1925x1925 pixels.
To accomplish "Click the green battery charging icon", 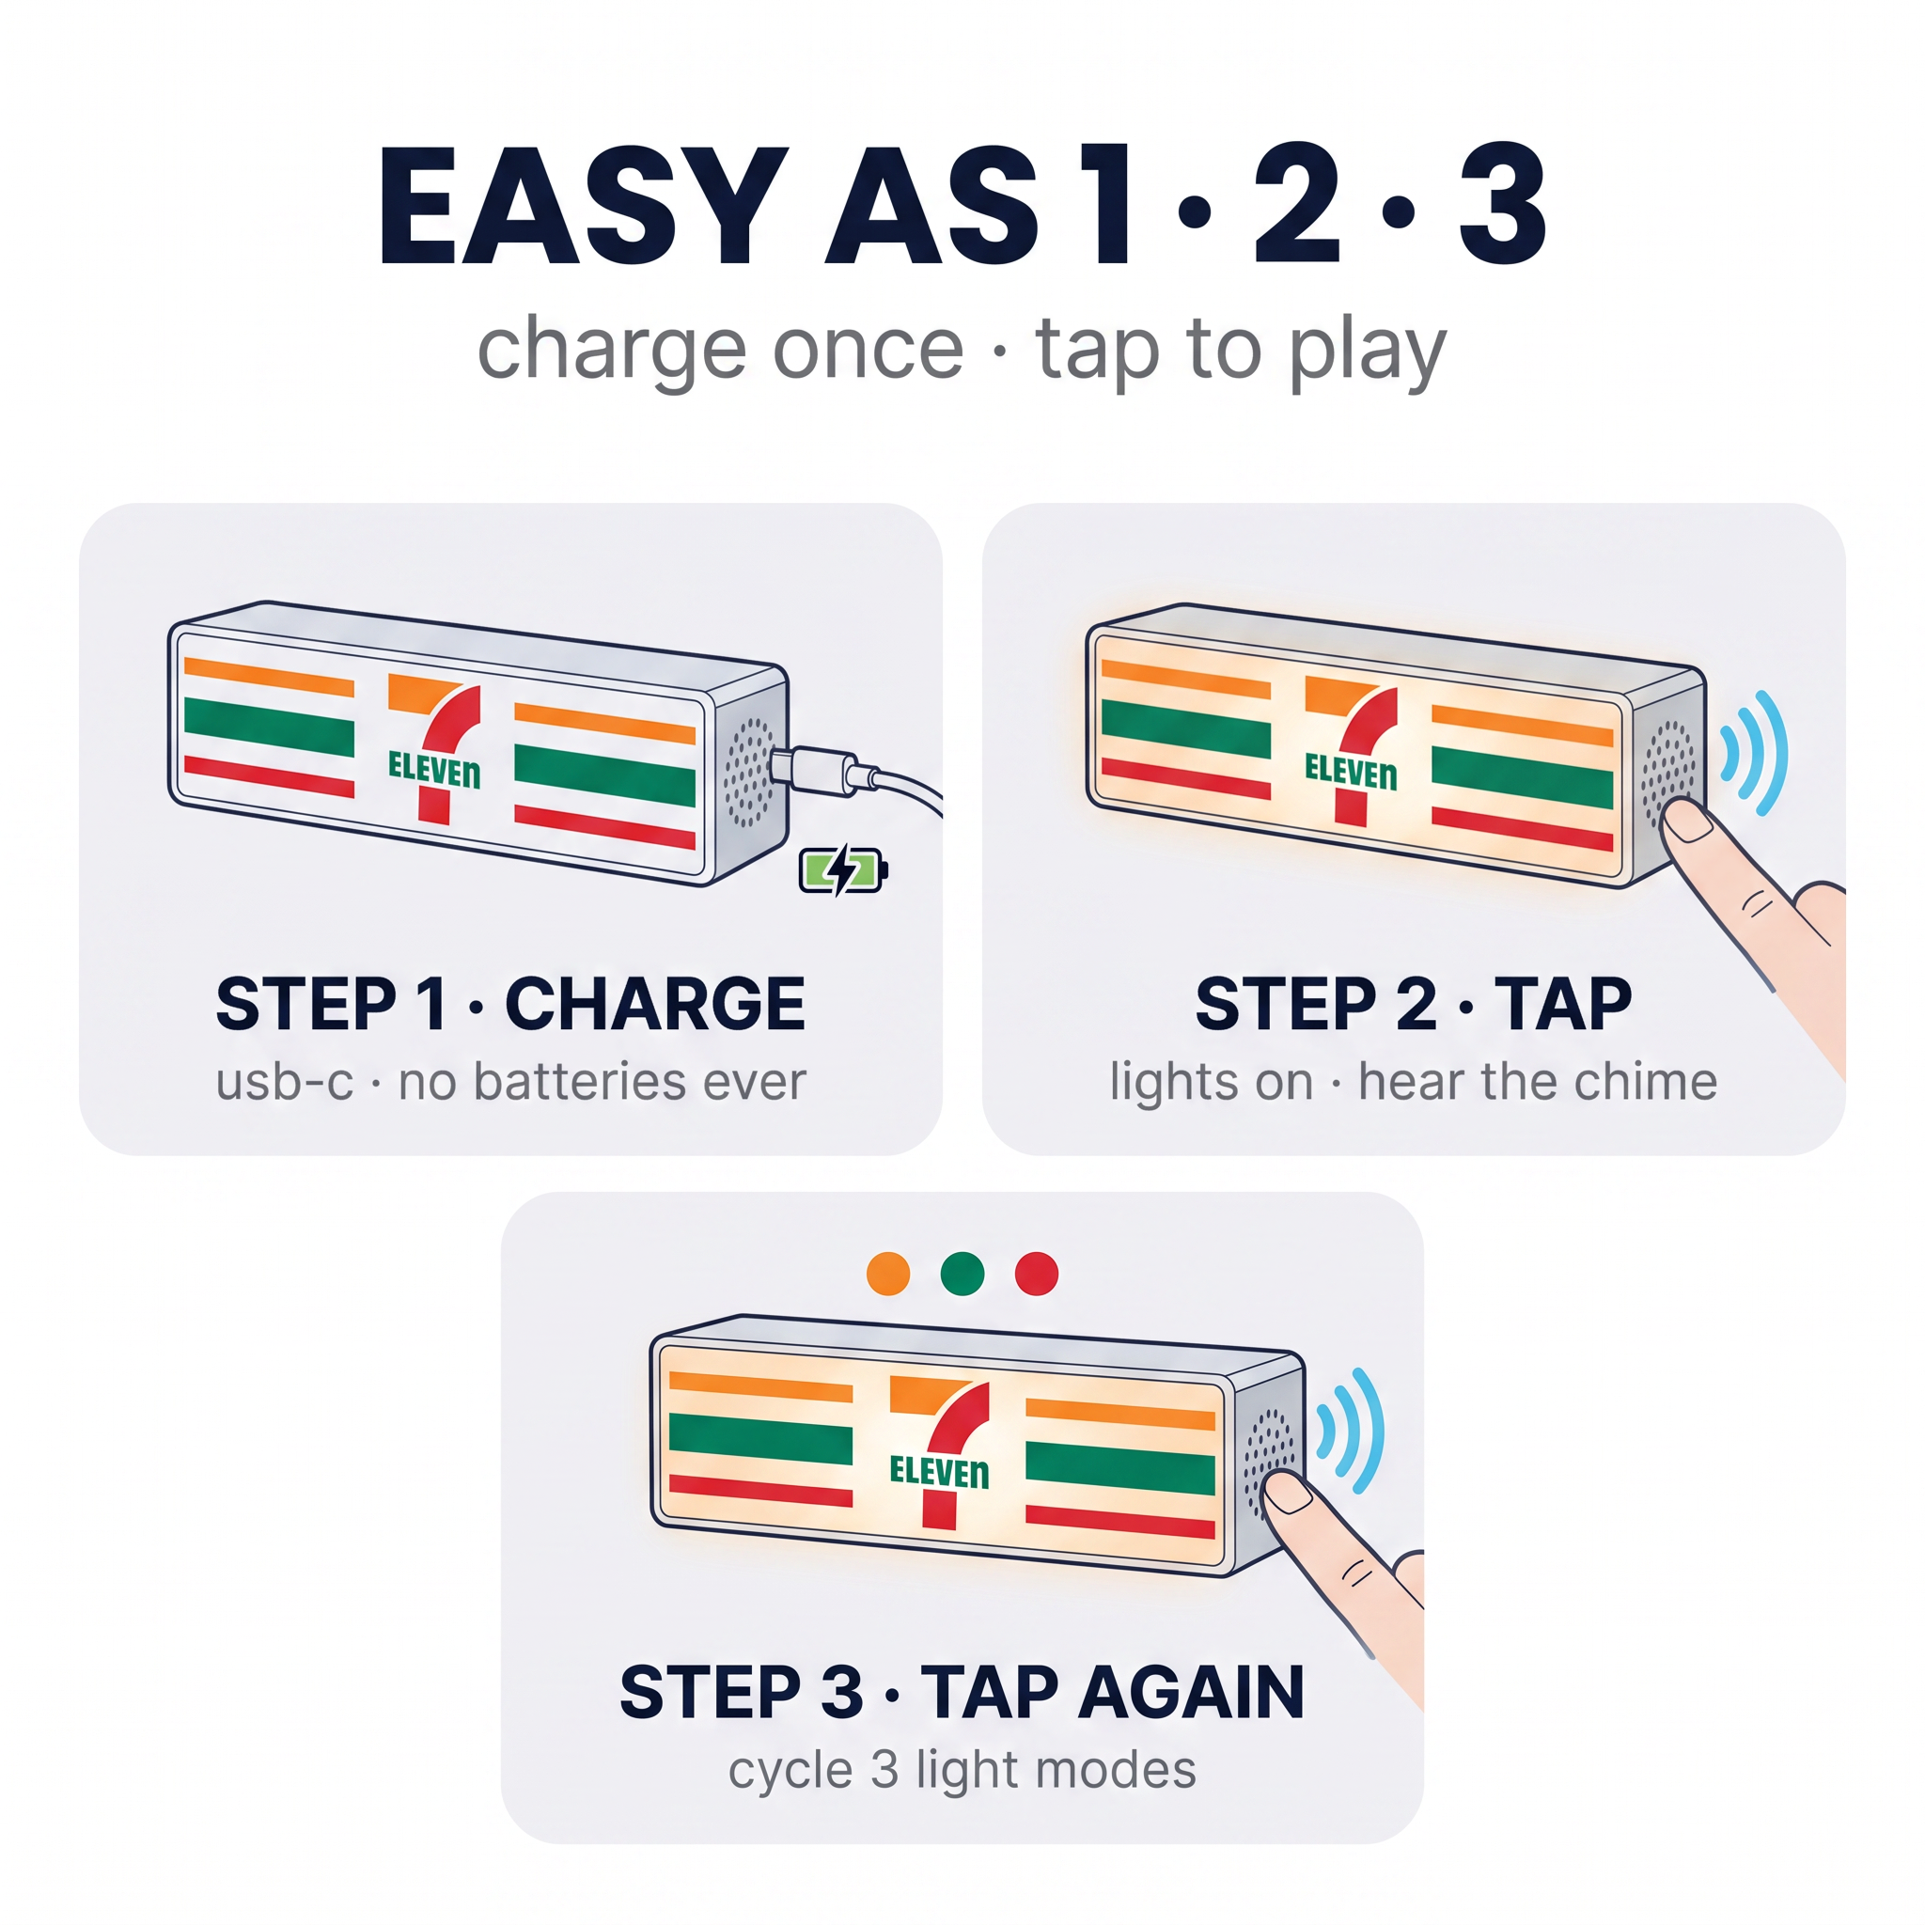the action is [x=843, y=869].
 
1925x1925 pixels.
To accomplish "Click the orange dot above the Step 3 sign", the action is [x=887, y=1274].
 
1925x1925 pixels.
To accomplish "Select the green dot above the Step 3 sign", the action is [x=962, y=1274].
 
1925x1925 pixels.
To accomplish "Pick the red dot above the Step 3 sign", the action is [x=1036, y=1274].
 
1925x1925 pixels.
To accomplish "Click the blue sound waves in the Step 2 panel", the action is [x=1756, y=753].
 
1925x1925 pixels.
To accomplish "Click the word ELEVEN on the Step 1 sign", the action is [x=434, y=769].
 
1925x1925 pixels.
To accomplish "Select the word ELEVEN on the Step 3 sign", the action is [x=940, y=1472].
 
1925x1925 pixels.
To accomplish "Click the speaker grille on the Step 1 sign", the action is [x=748, y=773].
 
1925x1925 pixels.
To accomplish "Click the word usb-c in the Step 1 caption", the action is [x=285, y=1083].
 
